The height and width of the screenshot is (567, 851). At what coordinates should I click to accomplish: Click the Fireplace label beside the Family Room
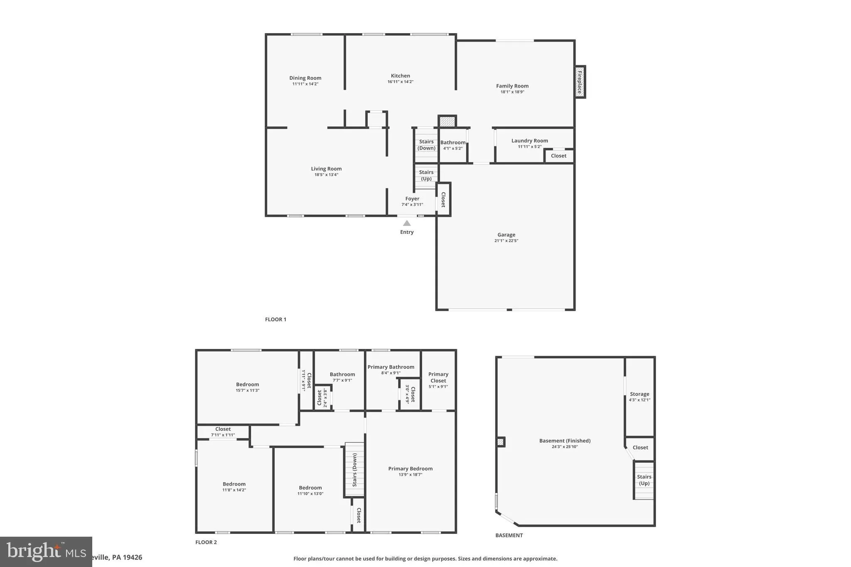coord(580,82)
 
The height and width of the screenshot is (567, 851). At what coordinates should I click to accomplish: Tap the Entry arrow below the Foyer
coord(407,223)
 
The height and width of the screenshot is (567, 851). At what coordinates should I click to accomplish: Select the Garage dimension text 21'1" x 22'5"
coord(506,241)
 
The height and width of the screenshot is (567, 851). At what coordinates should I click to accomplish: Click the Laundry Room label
coord(529,141)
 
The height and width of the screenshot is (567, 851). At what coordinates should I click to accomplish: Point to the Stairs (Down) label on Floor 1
coord(426,145)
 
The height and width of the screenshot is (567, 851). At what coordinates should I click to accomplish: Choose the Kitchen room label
coord(401,76)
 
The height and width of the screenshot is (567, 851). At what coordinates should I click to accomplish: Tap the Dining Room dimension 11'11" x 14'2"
coord(305,84)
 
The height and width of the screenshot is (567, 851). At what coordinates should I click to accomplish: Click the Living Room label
coord(326,169)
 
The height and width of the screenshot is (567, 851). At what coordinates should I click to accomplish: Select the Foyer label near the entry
coord(412,199)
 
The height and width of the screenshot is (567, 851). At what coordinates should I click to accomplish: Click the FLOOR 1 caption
coord(275,319)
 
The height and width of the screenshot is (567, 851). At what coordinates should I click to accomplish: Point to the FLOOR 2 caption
coord(206,542)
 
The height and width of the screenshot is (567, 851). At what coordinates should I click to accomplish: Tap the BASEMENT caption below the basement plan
coord(509,535)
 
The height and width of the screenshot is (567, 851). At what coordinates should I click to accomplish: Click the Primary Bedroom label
coord(410,469)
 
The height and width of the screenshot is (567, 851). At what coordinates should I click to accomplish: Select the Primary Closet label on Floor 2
coord(438,377)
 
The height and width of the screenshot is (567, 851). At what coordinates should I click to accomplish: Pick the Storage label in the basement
coord(639,394)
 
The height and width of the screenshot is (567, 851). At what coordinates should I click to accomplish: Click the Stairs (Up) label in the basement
coord(644,480)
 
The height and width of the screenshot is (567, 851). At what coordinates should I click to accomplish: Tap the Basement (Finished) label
coord(565,441)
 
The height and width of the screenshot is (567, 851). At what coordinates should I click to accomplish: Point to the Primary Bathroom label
coord(391,367)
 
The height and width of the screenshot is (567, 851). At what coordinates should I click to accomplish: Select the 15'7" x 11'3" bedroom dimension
coord(248,390)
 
